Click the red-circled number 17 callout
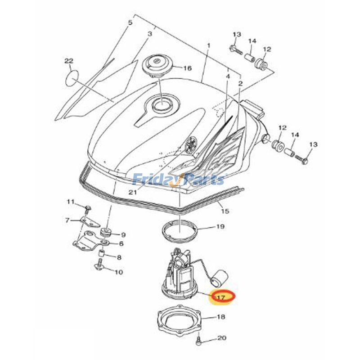pos(223,297)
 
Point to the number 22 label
pos(69,61)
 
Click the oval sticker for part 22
pos(72,78)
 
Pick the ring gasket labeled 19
pos(179,230)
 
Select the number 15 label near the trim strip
pos(225,211)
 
